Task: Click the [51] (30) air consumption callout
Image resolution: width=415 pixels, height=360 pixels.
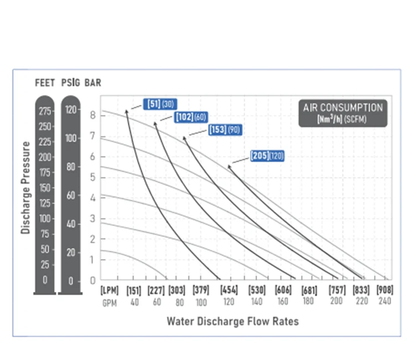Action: (x=159, y=104)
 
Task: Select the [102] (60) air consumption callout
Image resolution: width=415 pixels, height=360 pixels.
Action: (x=191, y=117)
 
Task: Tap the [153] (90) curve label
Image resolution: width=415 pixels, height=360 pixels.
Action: (x=225, y=130)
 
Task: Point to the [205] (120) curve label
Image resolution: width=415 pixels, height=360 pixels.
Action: (x=267, y=156)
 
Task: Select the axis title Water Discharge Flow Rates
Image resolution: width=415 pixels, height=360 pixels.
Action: (x=232, y=321)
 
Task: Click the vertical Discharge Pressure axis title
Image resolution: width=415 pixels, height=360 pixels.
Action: (x=25, y=188)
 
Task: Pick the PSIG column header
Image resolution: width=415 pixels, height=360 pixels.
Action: (x=70, y=83)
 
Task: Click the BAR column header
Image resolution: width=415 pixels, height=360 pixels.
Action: (x=93, y=83)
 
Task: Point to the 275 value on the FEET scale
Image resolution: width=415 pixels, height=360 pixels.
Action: (x=45, y=111)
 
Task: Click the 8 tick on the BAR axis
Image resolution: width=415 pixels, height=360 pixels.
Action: (x=93, y=115)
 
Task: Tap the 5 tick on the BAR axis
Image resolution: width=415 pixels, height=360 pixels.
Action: (x=93, y=177)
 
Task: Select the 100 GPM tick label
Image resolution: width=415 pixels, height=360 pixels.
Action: (x=201, y=302)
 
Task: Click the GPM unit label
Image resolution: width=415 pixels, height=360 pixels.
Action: (x=108, y=302)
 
